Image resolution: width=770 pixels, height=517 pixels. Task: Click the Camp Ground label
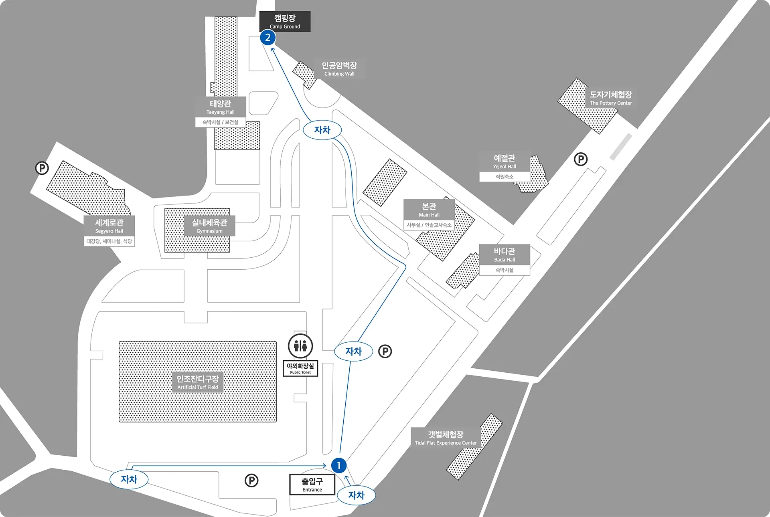tap(285, 21)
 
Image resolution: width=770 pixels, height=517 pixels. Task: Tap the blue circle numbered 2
tap(268, 38)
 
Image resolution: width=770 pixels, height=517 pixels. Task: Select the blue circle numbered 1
tap(339, 466)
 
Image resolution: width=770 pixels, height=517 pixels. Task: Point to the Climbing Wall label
tap(339, 69)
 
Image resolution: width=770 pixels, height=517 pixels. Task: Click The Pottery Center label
tap(611, 98)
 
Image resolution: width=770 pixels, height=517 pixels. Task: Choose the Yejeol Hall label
tap(505, 162)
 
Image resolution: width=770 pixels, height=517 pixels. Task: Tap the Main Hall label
tap(429, 210)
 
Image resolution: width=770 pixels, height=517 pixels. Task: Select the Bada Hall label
tap(505, 255)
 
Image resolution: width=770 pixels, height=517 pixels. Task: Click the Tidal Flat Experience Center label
tap(446, 438)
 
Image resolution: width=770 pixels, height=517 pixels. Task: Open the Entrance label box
tap(312, 485)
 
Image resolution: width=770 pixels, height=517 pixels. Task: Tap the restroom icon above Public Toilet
tap(300, 346)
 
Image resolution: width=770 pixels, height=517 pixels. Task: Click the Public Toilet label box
tap(300, 368)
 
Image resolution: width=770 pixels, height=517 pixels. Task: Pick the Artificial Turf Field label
tap(198, 382)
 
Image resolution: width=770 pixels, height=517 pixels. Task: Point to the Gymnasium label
tap(209, 226)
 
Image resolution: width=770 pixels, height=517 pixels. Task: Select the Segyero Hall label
tap(109, 226)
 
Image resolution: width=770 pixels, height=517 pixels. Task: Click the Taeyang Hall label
tap(221, 107)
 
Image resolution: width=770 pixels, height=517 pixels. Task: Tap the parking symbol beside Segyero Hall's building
tap(42, 168)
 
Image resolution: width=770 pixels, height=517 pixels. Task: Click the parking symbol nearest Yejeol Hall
tap(580, 159)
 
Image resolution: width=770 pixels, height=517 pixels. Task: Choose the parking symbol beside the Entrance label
tap(251, 481)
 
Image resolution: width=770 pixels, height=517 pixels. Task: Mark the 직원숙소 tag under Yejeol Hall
tap(505, 177)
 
